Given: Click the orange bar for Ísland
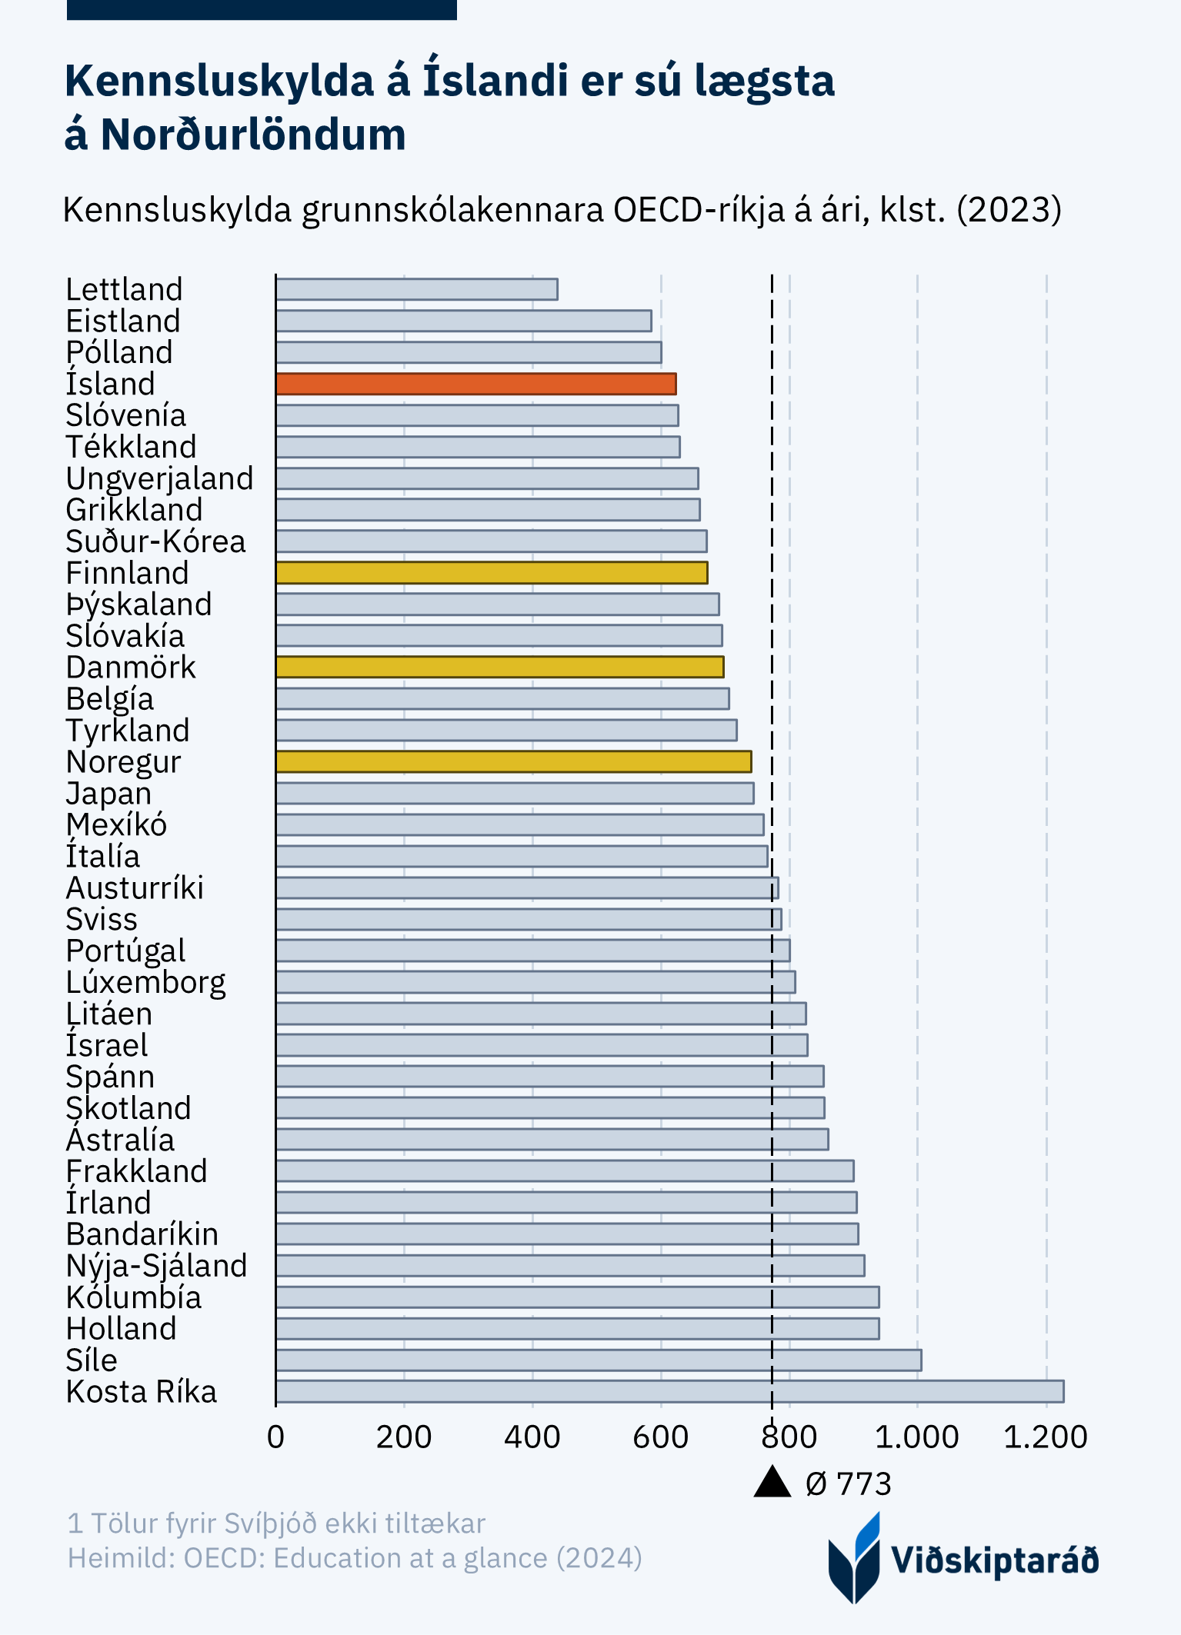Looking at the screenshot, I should click(475, 384).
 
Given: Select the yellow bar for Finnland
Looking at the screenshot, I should click(492, 573).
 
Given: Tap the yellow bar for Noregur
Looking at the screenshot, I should click(513, 761).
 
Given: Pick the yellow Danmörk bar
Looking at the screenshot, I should click(499, 667).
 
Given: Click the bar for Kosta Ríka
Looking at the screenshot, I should click(669, 1391).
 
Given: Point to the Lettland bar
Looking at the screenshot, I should click(416, 290).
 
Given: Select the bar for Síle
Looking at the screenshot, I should click(599, 1360).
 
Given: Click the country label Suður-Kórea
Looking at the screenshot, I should click(155, 542).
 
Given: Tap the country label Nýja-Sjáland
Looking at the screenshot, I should click(156, 1266).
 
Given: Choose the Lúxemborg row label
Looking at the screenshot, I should click(145, 983).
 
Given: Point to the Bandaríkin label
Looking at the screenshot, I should click(142, 1234).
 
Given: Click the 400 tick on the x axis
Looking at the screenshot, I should click(532, 1437).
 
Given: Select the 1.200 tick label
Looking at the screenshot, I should click(1046, 1437).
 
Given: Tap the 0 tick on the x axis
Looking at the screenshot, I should click(275, 1437).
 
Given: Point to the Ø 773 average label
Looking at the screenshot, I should click(848, 1484).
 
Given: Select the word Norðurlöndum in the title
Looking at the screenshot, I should click(253, 135).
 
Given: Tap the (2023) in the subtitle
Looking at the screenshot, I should click(1009, 210).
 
